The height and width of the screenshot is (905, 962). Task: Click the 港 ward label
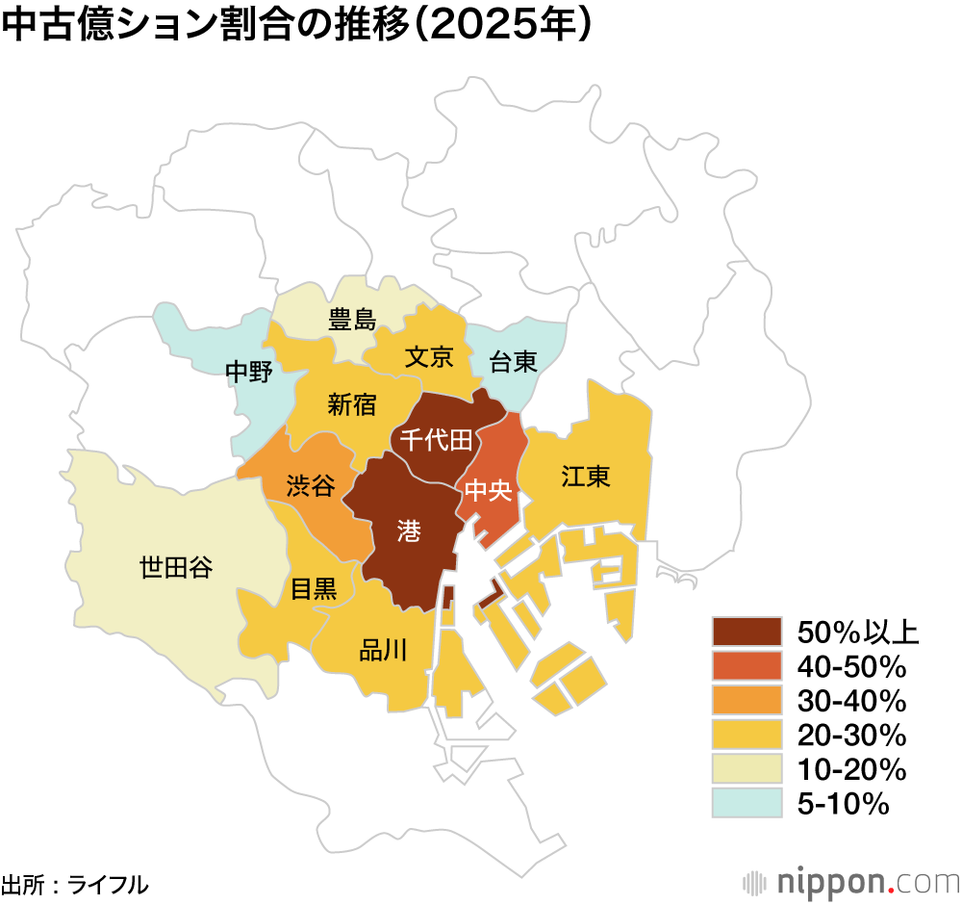408,529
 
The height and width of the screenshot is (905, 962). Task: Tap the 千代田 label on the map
436,440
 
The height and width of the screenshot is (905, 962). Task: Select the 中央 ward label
486,491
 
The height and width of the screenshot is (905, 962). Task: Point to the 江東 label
586,476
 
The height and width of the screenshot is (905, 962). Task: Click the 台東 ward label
513,362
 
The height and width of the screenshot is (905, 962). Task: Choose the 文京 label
428,357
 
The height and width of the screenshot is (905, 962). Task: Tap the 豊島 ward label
352,319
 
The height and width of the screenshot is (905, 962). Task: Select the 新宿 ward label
352,404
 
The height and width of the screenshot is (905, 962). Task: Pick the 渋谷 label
311,485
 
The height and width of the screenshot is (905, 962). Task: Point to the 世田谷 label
176,568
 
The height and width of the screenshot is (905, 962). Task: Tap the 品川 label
383,651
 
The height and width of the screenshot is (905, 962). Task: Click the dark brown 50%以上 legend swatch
747,632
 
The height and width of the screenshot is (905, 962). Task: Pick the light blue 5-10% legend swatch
747,803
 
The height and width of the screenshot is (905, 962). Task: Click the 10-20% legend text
852,769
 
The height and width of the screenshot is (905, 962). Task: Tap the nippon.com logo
851,881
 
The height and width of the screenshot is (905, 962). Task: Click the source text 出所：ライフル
75,884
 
